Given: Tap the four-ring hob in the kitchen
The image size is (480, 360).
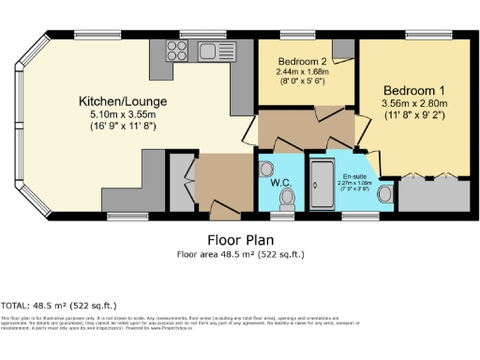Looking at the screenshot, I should (177, 50).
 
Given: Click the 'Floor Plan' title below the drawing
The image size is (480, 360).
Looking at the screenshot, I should (240, 238).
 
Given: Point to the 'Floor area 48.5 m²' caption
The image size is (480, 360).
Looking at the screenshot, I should (240, 254).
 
